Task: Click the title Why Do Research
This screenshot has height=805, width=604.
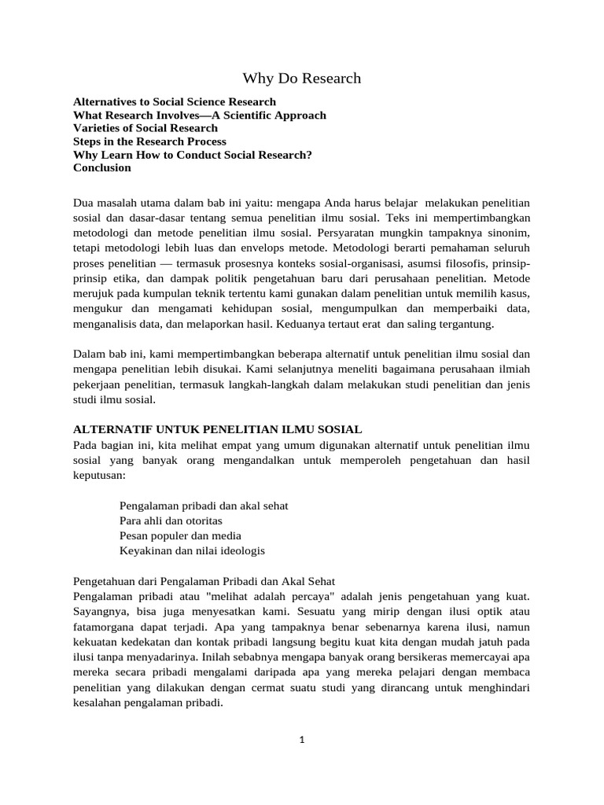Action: (x=301, y=78)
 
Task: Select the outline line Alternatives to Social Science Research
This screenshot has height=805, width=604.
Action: (x=175, y=102)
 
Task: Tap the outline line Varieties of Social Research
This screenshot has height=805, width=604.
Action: (x=145, y=128)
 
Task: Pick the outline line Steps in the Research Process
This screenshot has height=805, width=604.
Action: (x=149, y=142)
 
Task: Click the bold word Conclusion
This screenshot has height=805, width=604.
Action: (x=102, y=167)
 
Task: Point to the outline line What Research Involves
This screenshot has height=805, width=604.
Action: (x=199, y=116)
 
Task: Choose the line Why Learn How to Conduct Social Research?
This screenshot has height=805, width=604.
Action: (x=193, y=155)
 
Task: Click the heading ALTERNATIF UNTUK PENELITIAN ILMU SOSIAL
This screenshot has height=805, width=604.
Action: (x=217, y=429)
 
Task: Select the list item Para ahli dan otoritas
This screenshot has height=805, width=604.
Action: (x=171, y=520)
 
